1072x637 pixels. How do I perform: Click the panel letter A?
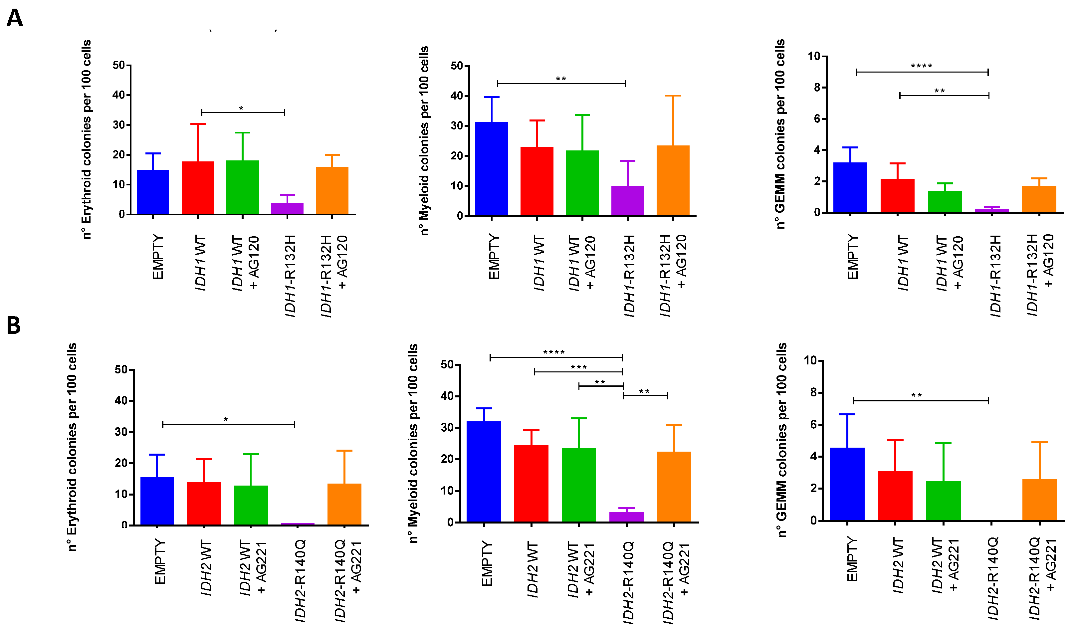coord(15,18)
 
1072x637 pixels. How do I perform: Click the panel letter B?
coord(14,325)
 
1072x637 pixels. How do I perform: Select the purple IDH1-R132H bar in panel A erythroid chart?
coord(287,208)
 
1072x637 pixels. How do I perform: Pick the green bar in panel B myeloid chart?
coord(578,485)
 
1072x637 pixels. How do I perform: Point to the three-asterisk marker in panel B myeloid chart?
coord(578,367)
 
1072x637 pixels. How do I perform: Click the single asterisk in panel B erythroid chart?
coord(225,419)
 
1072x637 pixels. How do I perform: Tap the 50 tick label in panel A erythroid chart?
coord(119,65)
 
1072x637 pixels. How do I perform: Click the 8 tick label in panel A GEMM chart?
coord(817,88)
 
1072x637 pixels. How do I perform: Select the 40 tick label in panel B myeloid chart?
coord(447,396)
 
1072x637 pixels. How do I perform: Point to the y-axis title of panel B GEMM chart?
coord(782,440)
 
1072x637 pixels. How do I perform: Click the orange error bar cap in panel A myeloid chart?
coord(673,96)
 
